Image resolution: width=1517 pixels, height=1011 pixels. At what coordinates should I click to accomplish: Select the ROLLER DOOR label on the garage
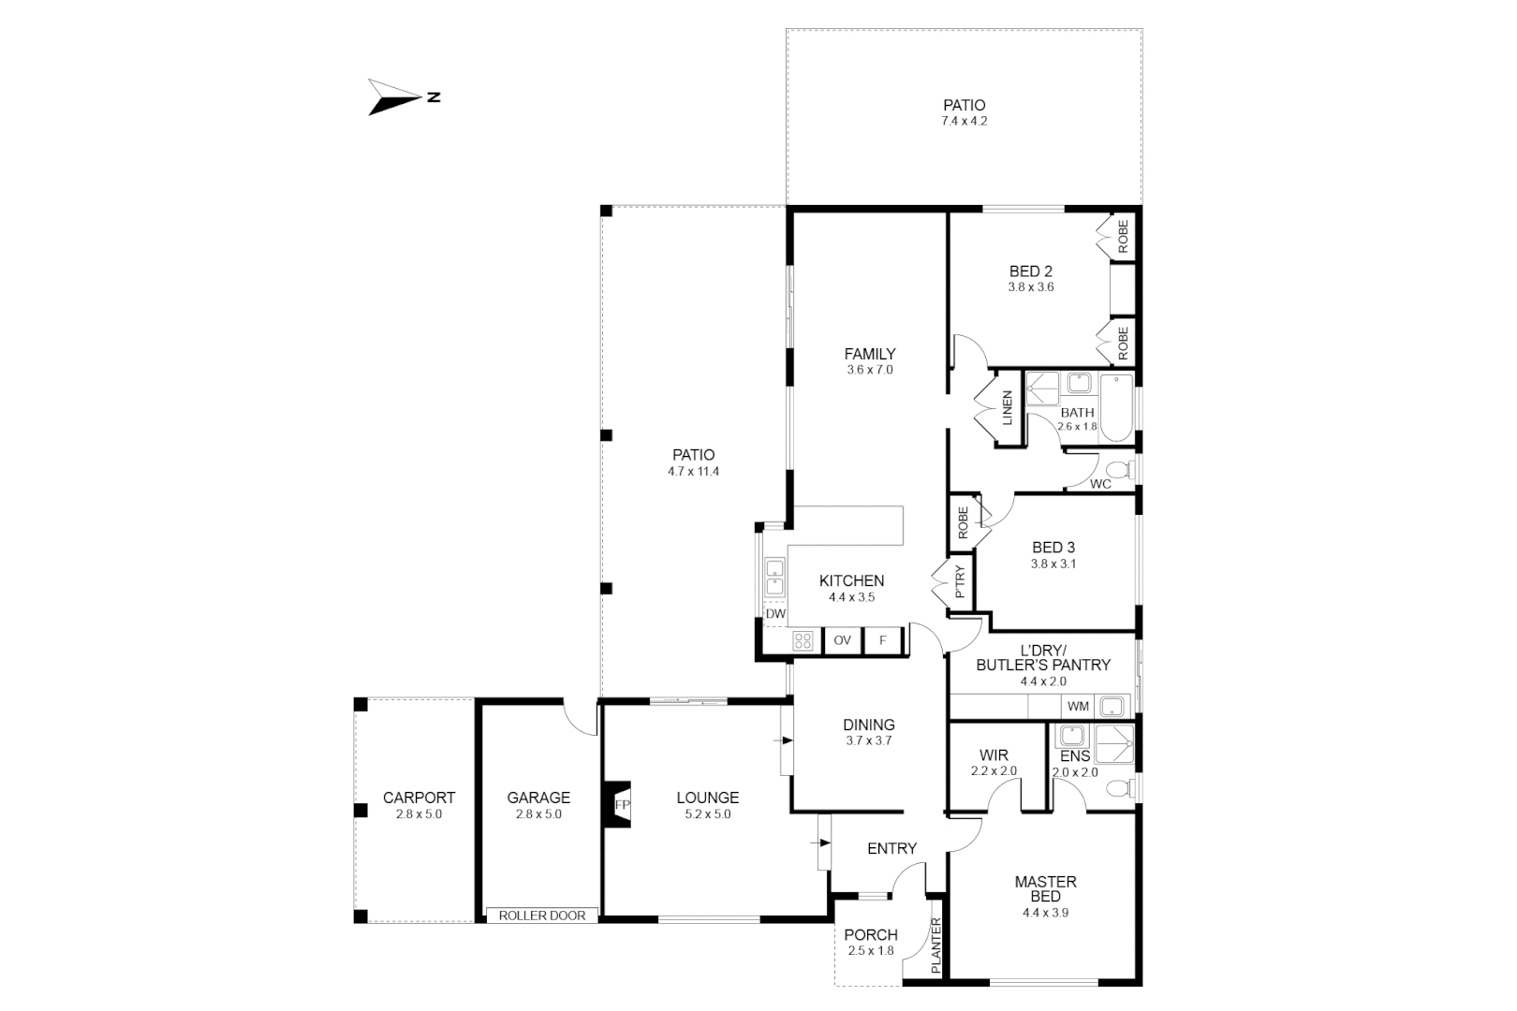tap(542, 916)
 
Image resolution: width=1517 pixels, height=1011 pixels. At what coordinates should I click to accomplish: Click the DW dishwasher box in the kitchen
tap(775, 614)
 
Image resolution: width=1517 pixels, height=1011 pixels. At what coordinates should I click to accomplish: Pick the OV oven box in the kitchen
tap(842, 640)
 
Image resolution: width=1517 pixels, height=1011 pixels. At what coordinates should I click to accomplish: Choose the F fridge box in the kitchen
tap(882, 640)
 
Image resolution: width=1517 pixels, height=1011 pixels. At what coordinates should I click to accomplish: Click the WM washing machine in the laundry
tap(1078, 706)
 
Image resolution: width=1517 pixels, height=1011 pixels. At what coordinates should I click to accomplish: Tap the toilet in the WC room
tap(1119, 469)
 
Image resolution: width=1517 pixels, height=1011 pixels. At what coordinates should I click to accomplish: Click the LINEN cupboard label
tap(1008, 408)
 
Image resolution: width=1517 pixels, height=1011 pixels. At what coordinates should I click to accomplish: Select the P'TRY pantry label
tap(960, 582)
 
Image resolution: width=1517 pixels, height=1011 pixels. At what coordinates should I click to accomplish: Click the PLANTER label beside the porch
tap(935, 945)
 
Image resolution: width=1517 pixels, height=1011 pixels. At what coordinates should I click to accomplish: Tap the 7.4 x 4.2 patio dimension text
tap(964, 122)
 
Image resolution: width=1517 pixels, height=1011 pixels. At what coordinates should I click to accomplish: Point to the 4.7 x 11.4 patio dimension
tap(693, 472)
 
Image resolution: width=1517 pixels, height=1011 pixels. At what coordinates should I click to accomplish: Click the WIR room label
tap(994, 755)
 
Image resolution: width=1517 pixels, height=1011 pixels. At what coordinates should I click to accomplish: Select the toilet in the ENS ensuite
tap(1118, 788)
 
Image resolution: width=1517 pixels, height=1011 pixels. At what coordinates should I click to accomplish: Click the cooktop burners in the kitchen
tap(803, 640)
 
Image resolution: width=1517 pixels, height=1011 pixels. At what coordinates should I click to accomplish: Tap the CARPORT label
tap(419, 798)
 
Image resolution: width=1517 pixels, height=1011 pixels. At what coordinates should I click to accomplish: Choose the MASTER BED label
tap(1045, 888)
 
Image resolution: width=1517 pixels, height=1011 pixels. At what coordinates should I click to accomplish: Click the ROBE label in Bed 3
tap(963, 522)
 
